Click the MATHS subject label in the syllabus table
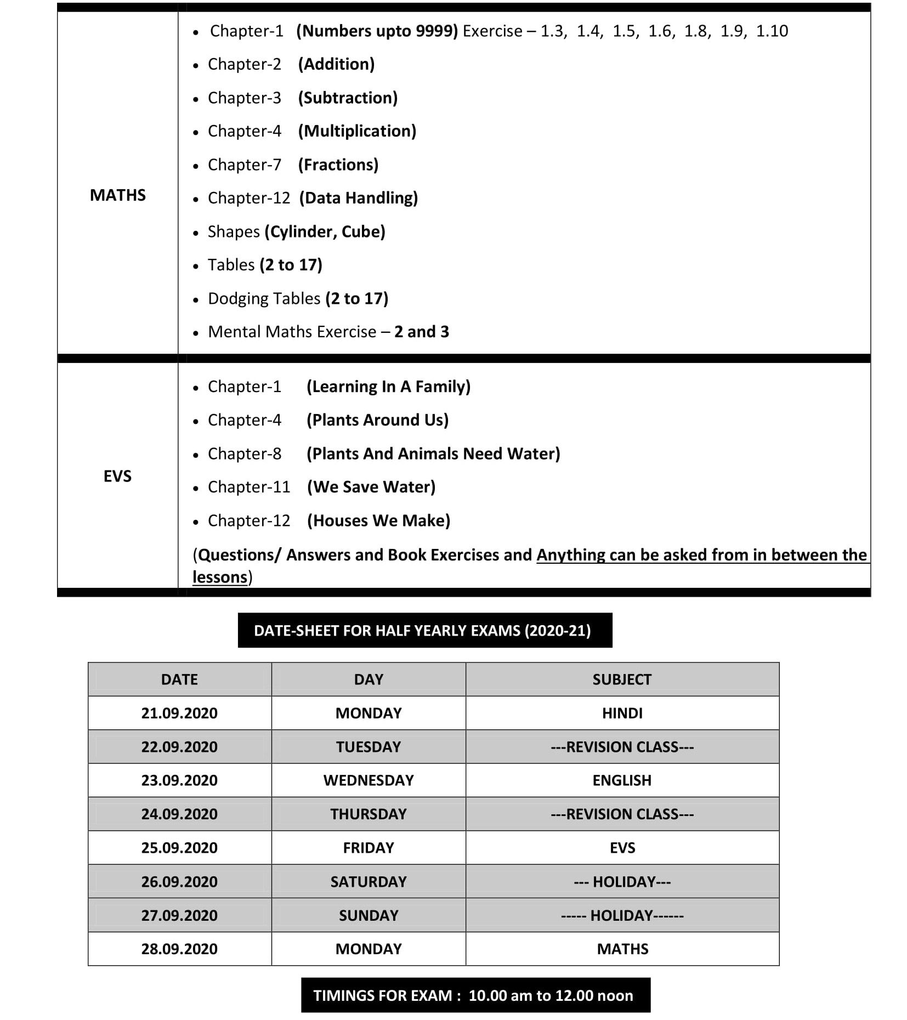(117, 195)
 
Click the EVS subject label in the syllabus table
(117, 476)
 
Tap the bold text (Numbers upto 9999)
(377, 31)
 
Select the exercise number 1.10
(772, 31)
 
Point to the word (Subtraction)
(348, 98)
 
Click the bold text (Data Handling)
(359, 198)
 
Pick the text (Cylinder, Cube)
(325, 232)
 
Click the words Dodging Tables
(264, 299)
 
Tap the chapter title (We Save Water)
(371, 487)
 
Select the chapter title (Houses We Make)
(378, 520)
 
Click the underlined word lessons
(220, 577)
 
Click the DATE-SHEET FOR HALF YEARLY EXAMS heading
(422, 631)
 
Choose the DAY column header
(369, 679)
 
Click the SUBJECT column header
(622, 679)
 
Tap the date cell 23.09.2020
(179, 780)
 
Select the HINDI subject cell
(622, 713)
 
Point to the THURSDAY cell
(369, 814)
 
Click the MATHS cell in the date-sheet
(622, 949)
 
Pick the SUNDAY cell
(369, 915)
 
